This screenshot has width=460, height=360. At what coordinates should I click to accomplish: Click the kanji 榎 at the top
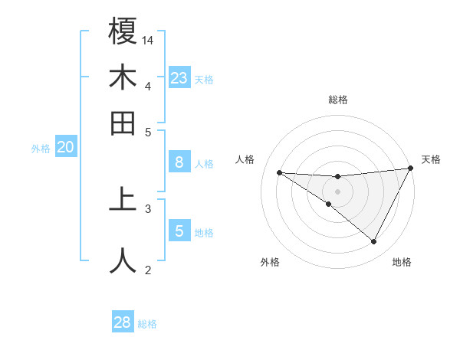[x=123, y=31]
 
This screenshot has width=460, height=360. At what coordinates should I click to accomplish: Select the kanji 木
[x=123, y=77]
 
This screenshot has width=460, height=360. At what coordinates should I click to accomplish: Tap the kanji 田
[x=123, y=123]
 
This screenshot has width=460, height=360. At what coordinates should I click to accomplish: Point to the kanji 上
[x=123, y=198]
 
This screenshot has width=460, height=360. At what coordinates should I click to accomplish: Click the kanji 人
[x=123, y=259]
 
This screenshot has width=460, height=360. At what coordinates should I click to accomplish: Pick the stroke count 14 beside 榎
[x=149, y=39]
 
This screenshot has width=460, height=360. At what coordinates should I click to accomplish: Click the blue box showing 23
[x=179, y=78]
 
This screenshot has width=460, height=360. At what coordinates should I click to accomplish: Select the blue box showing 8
[x=179, y=162]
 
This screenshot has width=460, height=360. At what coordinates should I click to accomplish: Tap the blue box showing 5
[x=179, y=231]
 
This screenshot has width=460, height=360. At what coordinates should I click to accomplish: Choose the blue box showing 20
[x=65, y=148]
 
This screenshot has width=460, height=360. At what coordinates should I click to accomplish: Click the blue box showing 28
[x=123, y=322]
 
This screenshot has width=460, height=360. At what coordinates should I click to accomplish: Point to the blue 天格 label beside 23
[x=204, y=80]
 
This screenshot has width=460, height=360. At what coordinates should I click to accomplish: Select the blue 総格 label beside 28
[x=147, y=324]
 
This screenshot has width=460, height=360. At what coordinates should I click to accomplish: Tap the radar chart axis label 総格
[x=338, y=100]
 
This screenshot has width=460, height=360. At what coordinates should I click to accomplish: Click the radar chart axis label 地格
[x=402, y=263]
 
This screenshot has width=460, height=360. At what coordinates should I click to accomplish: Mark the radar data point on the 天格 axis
[x=410, y=169]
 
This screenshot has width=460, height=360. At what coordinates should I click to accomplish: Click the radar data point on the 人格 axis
[x=279, y=172]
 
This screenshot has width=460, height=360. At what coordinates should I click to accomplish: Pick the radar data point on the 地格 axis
[x=374, y=242]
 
